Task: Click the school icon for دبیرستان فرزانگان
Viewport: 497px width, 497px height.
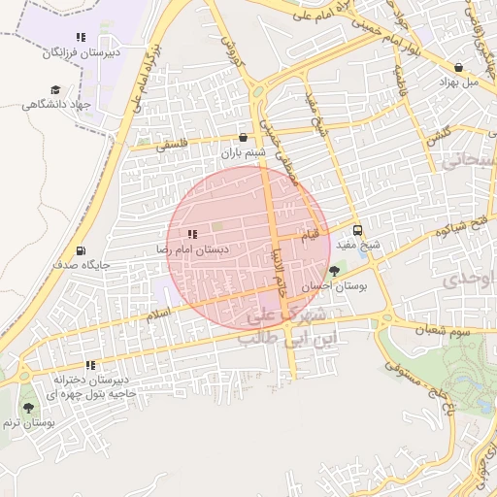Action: coord(81,37)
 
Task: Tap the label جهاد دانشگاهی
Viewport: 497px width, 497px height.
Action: coord(68,104)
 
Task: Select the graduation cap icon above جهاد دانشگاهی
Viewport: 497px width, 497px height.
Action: coord(54,89)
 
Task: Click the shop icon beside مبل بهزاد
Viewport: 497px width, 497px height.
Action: coord(458,67)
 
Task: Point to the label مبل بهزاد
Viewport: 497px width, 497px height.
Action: coord(458,83)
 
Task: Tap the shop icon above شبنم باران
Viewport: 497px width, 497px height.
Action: coord(243,138)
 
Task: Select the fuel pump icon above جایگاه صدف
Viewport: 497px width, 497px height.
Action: coord(80,249)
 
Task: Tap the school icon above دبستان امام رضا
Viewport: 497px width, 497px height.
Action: coord(191,234)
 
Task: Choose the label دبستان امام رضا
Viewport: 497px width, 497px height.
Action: coord(192,249)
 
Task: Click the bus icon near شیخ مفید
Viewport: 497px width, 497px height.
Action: coord(358,231)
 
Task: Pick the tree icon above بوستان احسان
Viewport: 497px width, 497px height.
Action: coord(335,271)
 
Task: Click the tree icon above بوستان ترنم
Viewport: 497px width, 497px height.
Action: coord(27,409)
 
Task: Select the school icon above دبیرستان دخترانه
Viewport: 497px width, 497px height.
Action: coord(90,366)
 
